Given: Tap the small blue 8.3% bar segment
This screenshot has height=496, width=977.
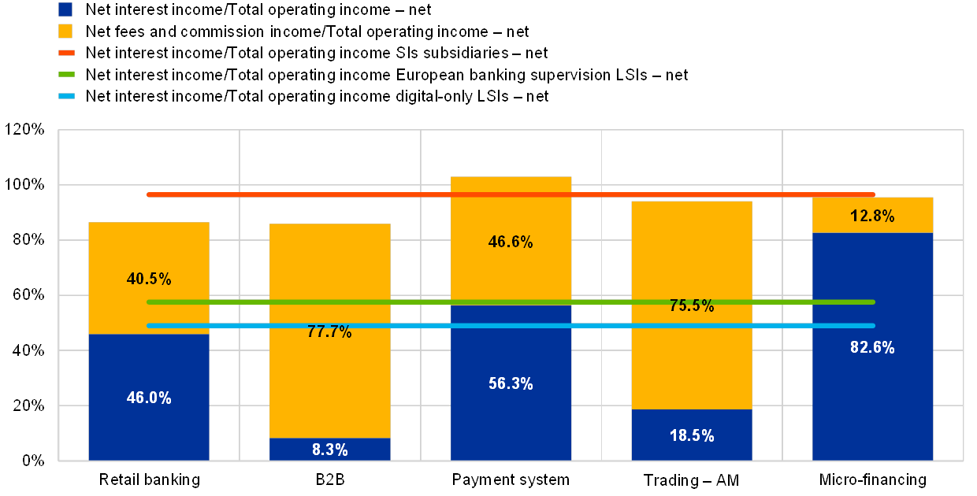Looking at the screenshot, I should pos(329,449).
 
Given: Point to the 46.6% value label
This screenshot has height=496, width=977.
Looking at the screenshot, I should pos(511,242).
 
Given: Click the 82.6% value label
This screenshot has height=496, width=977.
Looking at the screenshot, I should pos(872,347).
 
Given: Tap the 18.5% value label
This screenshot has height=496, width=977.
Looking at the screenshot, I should pos(692,435).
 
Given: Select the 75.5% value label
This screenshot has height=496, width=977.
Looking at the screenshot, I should pos(692,306).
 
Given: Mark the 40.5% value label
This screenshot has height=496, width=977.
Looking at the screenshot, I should pos(149,278).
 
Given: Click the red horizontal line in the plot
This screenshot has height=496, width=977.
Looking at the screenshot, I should pos(394,194).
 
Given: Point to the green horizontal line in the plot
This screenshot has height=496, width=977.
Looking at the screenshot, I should pos(394,302).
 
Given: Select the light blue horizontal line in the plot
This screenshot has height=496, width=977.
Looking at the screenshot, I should pos(394,325).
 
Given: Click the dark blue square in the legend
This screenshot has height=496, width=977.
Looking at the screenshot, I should pos(65,9).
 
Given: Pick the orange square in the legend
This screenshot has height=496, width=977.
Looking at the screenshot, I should pos(65,31).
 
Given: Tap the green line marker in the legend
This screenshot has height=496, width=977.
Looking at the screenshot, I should pos(65,75).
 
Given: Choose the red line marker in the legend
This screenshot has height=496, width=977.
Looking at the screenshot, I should pos(65,53).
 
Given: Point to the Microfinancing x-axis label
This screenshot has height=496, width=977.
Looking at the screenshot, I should pos(872,479).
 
